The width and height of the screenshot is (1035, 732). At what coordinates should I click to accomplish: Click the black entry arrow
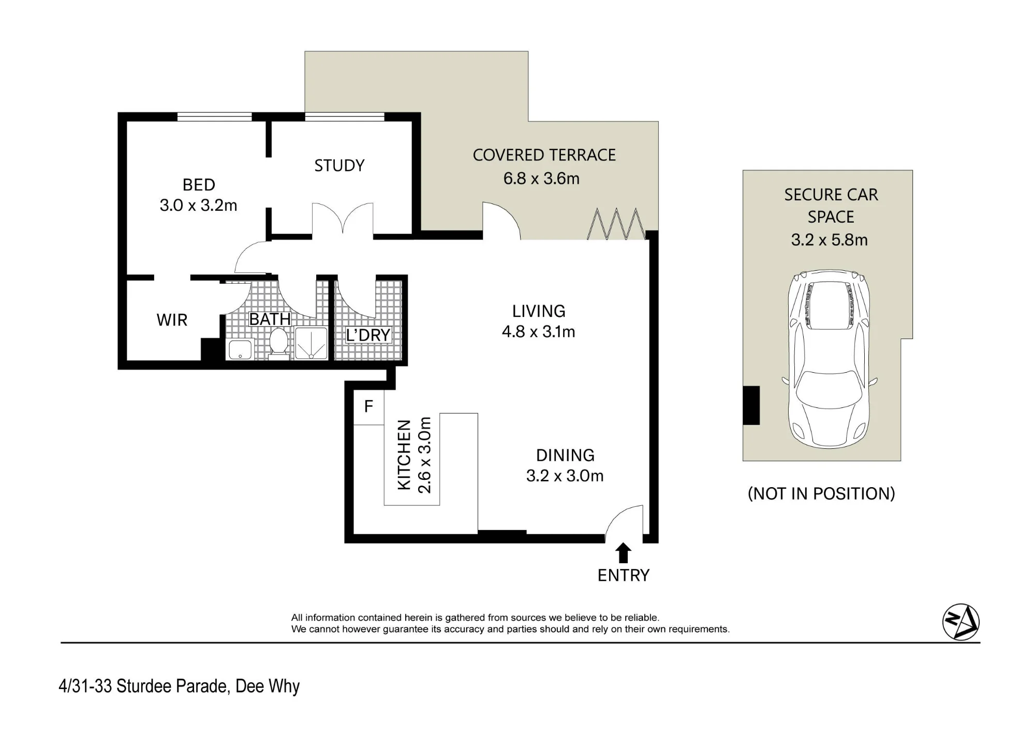point(624,553)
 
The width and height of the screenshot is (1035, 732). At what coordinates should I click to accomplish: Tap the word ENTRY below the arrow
point(624,575)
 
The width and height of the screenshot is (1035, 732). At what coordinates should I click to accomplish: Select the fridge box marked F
point(368,407)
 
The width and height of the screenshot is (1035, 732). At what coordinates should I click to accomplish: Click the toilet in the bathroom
point(279,342)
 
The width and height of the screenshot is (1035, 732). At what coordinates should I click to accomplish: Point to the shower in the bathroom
point(311,343)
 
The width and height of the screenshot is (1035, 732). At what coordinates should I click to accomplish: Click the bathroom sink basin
point(240,349)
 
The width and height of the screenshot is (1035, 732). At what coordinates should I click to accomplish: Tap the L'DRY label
point(368,335)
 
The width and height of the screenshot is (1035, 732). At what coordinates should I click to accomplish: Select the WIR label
point(172,320)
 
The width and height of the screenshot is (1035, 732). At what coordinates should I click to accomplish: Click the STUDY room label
point(339,166)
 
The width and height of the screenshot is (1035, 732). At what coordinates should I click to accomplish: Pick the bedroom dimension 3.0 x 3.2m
point(198,206)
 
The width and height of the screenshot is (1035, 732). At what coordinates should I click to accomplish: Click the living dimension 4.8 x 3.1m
point(539,331)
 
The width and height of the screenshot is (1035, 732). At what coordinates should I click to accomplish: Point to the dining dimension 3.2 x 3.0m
point(565,476)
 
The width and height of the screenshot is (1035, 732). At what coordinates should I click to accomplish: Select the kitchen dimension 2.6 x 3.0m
point(424,455)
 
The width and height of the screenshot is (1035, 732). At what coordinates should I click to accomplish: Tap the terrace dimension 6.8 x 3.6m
point(541,179)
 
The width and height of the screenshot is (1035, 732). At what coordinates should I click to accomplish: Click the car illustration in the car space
point(829,359)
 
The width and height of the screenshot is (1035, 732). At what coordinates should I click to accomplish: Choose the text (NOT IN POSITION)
point(821,494)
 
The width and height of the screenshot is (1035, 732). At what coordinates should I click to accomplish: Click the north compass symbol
point(961,622)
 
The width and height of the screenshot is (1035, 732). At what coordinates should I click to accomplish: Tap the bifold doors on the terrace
point(616,224)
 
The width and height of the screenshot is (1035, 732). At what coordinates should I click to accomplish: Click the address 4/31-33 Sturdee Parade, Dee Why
point(179,686)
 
